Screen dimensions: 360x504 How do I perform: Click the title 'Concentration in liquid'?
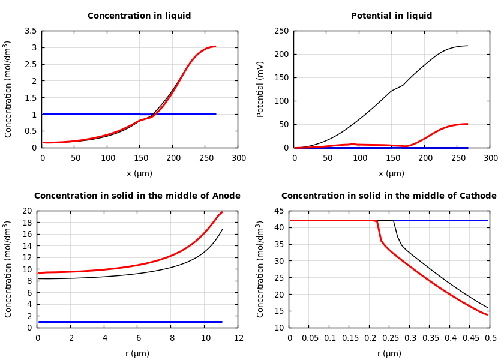tap(139, 16)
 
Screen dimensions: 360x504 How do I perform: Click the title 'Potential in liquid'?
tap(391, 16)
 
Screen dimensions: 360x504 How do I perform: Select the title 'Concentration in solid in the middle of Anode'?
tap(137, 196)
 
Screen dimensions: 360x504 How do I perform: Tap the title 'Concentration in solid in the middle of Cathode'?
tap(389, 196)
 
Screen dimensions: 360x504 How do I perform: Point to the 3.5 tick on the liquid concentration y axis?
tap(30, 31)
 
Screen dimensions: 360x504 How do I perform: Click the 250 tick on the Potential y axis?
tap(281, 31)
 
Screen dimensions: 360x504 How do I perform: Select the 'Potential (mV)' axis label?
tap(260, 89)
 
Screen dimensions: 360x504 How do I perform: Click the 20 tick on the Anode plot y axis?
tap(26, 211)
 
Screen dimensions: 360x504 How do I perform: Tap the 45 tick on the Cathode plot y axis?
tap(278, 211)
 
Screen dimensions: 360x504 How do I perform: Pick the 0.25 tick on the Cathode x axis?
tap(390, 338)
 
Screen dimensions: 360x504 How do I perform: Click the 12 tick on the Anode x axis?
tap(238, 338)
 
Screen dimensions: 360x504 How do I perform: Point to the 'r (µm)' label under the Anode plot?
tap(137, 353)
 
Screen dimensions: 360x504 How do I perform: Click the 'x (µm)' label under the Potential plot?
tap(391, 173)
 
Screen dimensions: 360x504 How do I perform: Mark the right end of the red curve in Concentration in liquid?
tap(215, 46)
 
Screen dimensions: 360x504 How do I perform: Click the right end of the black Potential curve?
tap(467, 46)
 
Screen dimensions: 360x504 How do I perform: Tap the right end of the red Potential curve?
tap(467, 124)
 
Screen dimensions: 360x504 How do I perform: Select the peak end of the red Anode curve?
tap(222, 212)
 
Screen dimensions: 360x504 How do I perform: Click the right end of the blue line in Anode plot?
tap(222, 322)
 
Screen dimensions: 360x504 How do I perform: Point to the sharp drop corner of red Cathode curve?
tap(377, 221)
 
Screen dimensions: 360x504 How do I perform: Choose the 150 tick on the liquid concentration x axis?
tap(140, 158)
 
